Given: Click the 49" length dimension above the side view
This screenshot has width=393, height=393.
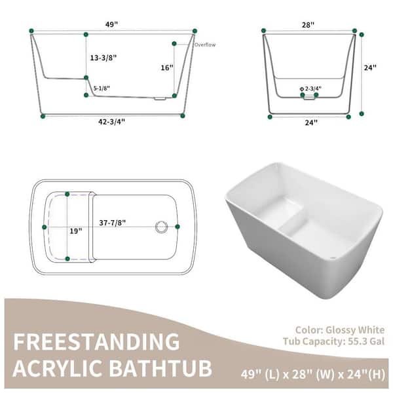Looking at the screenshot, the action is pyautogui.click(x=111, y=25).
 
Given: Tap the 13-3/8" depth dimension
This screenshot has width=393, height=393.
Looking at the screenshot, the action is pyautogui.click(x=103, y=58).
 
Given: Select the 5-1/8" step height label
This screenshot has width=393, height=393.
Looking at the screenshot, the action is pyautogui.click(x=102, y=88).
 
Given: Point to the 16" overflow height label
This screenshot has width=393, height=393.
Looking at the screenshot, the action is pyautogui.click(x=167, y=67).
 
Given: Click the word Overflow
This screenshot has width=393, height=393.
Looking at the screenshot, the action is pyautogui.click(x=205, y=45).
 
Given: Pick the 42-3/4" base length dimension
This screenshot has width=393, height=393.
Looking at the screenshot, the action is pyautogui.click(x=111, y=122).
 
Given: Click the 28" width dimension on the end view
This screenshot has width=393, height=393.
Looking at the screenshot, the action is pyautogui.click(x=308, y=25).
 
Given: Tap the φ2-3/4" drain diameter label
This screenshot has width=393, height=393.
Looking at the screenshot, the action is pyautogui.click(x=310, y=88).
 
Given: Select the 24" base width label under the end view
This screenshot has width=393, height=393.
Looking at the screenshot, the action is pyautogui.click(x=311, y=122).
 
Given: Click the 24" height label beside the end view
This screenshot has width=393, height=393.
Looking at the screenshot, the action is pyautogui.click(x=370, y=67).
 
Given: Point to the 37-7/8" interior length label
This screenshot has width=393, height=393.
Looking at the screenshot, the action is pyautogui.click(x=113, y=223).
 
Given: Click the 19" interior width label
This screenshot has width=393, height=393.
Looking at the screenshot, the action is pyautogui.click(x=76, y=231).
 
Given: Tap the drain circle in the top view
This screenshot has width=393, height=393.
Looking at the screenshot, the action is pyautogui.click(x=161, y=227).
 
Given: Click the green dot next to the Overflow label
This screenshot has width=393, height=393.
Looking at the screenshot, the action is pyautogui.click(x=174, y=44).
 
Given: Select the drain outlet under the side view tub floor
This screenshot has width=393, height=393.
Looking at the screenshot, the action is pyautogui.click(x=159, y=99).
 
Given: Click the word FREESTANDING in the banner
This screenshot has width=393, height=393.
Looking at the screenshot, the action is pyautogui.click(x=96, y=342).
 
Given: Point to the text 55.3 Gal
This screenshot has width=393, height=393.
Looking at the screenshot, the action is pyautogui.click(x=366, y=341).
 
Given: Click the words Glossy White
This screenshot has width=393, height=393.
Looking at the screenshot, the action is pyautogui.click(x=355, y=330).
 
